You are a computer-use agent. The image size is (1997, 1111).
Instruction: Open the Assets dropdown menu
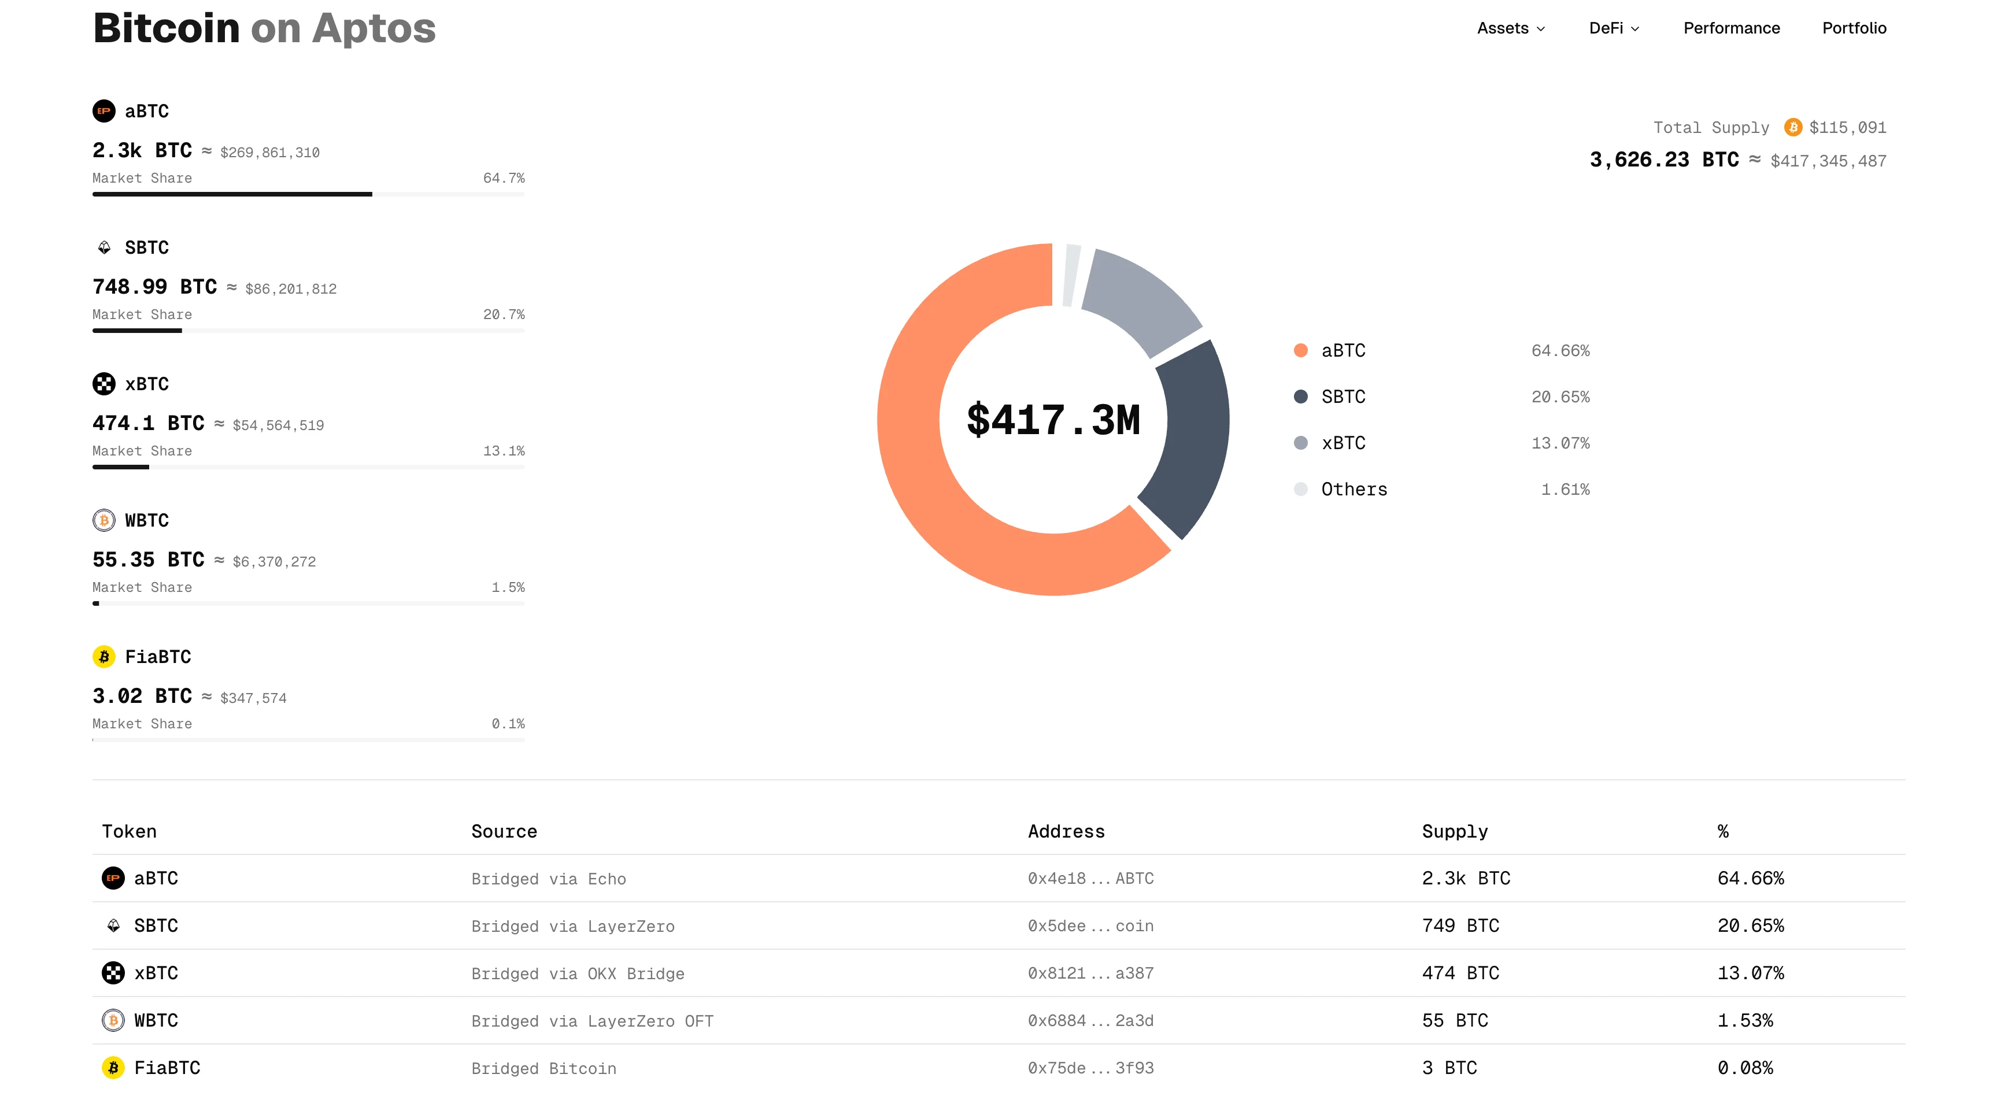tap(1510, 28)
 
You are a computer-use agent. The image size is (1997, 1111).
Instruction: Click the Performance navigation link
tap(1731, 28)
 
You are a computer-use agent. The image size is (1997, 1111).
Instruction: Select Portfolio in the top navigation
tap(1854, 28)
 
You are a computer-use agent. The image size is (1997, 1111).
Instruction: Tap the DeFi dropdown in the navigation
tap(1613, 28)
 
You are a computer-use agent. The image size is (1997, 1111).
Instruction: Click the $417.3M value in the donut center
tap(1053, 420)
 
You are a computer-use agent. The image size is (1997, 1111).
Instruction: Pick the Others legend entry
tap(1353, 489)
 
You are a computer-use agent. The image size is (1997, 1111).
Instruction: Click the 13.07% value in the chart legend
tap(1560, 443)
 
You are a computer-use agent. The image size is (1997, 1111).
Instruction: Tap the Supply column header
tap(1454, 831)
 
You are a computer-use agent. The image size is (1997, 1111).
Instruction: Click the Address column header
tap(1066, 831)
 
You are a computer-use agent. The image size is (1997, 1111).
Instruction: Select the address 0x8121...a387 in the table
tap(1090, 973)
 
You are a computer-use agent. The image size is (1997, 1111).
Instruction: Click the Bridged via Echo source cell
tap(548, 879)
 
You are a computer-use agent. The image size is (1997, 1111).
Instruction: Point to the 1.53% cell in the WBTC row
tap(1744, 1020)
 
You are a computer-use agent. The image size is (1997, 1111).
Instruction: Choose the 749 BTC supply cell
tap(1460, 925)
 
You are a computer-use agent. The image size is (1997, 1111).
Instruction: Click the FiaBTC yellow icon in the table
tap(113, 1068)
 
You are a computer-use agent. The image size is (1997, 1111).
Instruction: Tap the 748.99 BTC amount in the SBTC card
tap(154, 287)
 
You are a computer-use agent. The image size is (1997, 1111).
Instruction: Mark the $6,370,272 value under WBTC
tap(273, 561)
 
